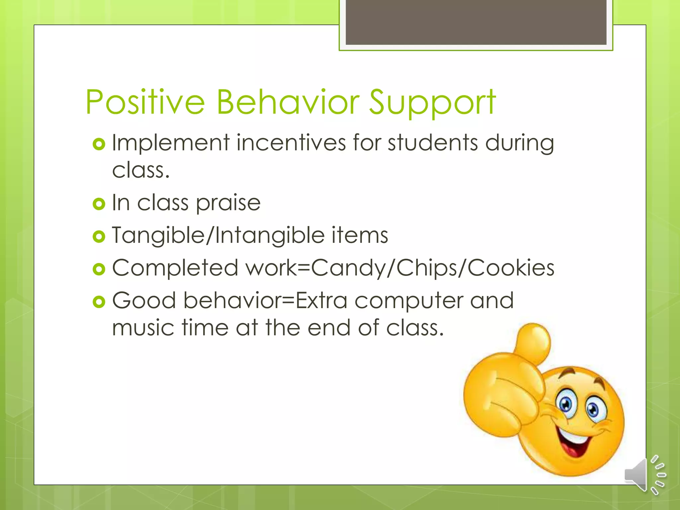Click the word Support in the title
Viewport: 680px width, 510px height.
432,103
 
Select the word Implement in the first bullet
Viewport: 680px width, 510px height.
171,143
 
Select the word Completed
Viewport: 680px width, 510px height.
175,268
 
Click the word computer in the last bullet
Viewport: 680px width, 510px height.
409,300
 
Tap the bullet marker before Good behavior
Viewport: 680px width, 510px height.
99,301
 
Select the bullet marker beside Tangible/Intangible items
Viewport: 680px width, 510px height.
99,236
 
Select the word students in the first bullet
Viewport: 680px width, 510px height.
433,143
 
